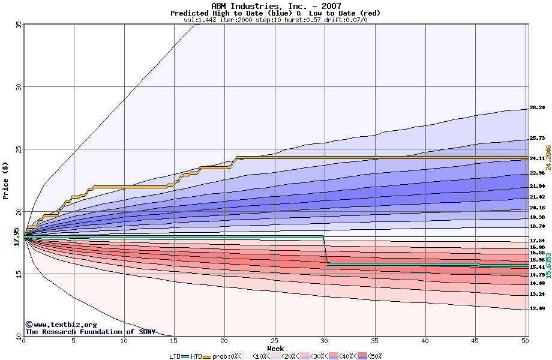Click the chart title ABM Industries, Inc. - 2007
click(x=275, y=5)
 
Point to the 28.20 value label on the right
click(x=536, y=108)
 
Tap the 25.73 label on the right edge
click(x=536, y=139)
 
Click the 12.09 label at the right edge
click(x=536, y=308)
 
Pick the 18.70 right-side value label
click(x=536, y=226)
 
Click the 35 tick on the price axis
click(x=19, y=25)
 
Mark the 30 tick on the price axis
click(x=19, y=87)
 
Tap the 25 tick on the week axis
click(x=274, y=341)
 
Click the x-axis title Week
click(x=275, y=348)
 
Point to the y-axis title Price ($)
click(x=5, y=180)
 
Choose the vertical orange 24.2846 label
click(x=548, y=157)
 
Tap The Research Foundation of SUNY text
click(x=90, y=332)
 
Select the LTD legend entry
click(x=175, y=356)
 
